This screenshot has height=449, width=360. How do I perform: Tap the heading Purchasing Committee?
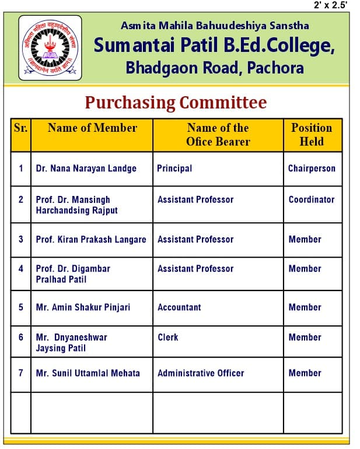176,103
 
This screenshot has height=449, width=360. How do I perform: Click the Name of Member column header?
92,128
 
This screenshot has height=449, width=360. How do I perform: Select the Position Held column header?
312,135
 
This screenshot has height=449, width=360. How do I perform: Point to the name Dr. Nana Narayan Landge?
86,169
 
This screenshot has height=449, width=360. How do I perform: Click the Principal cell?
174,169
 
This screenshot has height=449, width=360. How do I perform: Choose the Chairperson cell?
312,169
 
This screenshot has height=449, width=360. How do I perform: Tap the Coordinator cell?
312,199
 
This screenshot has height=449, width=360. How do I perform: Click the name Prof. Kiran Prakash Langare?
91,239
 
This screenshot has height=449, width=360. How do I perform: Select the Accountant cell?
179,307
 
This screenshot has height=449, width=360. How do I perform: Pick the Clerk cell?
168,337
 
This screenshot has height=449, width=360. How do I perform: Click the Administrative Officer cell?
201,373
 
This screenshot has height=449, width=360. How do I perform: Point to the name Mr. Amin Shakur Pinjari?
83,307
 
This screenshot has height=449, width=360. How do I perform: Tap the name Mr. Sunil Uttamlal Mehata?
88,373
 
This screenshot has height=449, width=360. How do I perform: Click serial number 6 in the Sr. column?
21,337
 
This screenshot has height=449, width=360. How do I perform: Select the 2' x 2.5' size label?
330,5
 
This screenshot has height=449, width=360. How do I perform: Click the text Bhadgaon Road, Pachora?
215,68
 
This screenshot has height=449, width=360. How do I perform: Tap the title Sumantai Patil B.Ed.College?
214,45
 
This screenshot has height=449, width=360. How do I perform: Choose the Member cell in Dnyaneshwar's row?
305,337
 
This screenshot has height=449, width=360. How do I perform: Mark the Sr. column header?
20,128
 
